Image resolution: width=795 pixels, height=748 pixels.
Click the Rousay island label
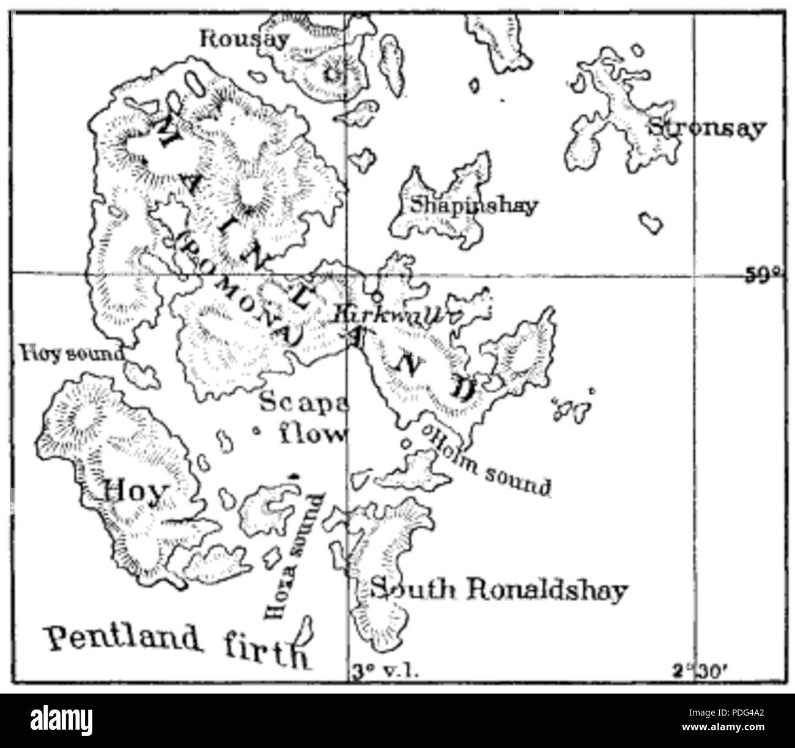[245, 40]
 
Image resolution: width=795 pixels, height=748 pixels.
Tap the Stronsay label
[706, 128]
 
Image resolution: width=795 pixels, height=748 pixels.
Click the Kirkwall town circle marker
[378, 297]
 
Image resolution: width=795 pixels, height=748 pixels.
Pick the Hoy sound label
[72, 353]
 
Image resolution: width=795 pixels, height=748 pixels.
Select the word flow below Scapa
[312, 434]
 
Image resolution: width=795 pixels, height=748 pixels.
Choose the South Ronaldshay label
[498, 590]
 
